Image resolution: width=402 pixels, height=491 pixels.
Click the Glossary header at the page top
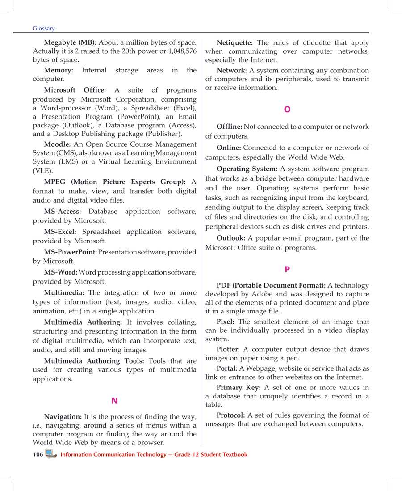click(44, 28)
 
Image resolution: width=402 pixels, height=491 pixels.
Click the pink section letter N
click(114, 401)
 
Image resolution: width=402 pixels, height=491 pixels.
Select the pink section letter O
click(287, 110)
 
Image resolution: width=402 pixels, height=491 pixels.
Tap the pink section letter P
click(287, 270)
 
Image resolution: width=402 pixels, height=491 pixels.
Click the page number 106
click(38, 454)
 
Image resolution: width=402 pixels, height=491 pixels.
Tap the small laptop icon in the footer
click(51, 454)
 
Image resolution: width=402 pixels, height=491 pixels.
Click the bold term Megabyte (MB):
click(70, 43)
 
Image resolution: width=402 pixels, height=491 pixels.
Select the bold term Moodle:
click(57, 144)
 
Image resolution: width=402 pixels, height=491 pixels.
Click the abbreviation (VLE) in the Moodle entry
click(43, 171)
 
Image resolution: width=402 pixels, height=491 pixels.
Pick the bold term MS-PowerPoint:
click(70, 252)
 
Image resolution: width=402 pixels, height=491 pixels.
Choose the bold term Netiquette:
click(234, 43)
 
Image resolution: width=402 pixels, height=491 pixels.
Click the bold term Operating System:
click(247, 169)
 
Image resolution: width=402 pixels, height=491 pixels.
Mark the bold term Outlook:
click(230, 238)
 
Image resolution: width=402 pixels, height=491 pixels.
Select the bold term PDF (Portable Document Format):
click(271, 285)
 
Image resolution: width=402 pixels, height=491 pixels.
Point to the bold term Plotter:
click(228, 349)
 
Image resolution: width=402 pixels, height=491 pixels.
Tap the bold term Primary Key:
click(238, 388)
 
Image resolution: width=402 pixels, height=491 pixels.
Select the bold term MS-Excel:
click(60, 232)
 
